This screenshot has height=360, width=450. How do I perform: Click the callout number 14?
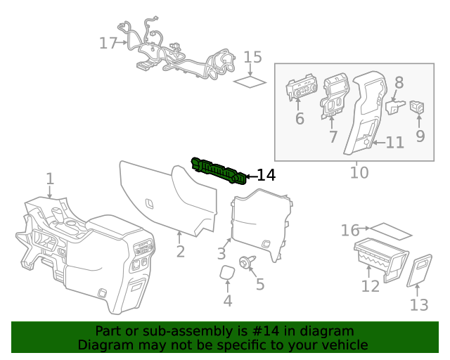click(x=266, y=175)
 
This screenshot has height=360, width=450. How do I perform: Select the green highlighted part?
click(x=219, y=172)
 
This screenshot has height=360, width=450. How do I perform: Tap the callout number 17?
click(x=108, y=44)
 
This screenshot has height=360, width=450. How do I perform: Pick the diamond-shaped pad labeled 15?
click(x=250, y=82)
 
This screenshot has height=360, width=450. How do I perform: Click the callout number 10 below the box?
click(x=359, y=172)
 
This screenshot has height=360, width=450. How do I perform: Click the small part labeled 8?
click(x=396, y=106)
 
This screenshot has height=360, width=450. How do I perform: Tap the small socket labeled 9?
click(x=418, y=107)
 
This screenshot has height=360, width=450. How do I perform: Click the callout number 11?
click(x=395, y=143)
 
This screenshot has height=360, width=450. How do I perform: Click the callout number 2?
click(x=181, y=252)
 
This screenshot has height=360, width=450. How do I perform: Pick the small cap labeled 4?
click(x=226, y=273)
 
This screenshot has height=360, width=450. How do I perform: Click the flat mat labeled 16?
click(x=391, y=231)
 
